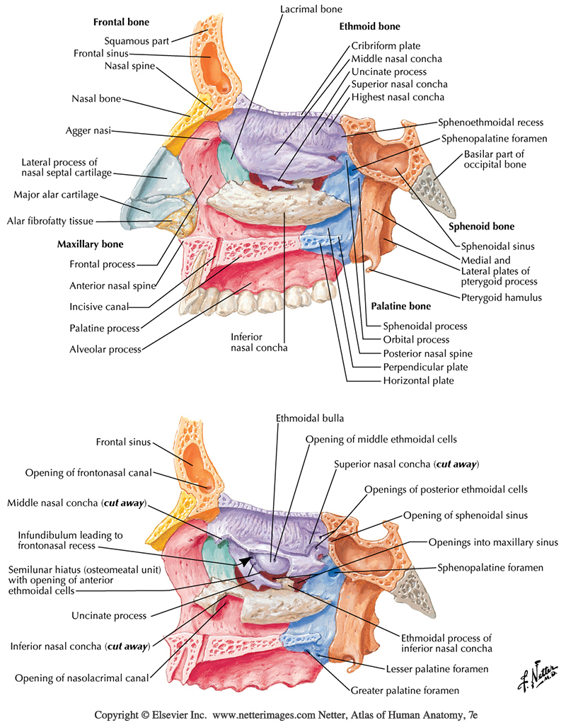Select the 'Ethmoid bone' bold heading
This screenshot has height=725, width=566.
pyautogui.click(x=369, y=27)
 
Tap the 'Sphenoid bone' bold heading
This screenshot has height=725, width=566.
pyautogui.click(x=482, y=227)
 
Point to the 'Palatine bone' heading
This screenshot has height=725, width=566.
pyautogui.click(x=401, y=307)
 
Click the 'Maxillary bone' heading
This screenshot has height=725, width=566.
pyautogui.click(x=90, y=245)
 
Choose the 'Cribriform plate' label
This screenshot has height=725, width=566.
pyautogui.click(x=386, y=46)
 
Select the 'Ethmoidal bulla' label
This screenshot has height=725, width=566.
pyautogui.click(x=309, y=418)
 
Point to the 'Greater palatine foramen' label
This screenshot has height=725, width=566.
pyautogui.click(x=405, y=690)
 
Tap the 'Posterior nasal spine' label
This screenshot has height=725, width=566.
pyautogui.click(x=427, y=353)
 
